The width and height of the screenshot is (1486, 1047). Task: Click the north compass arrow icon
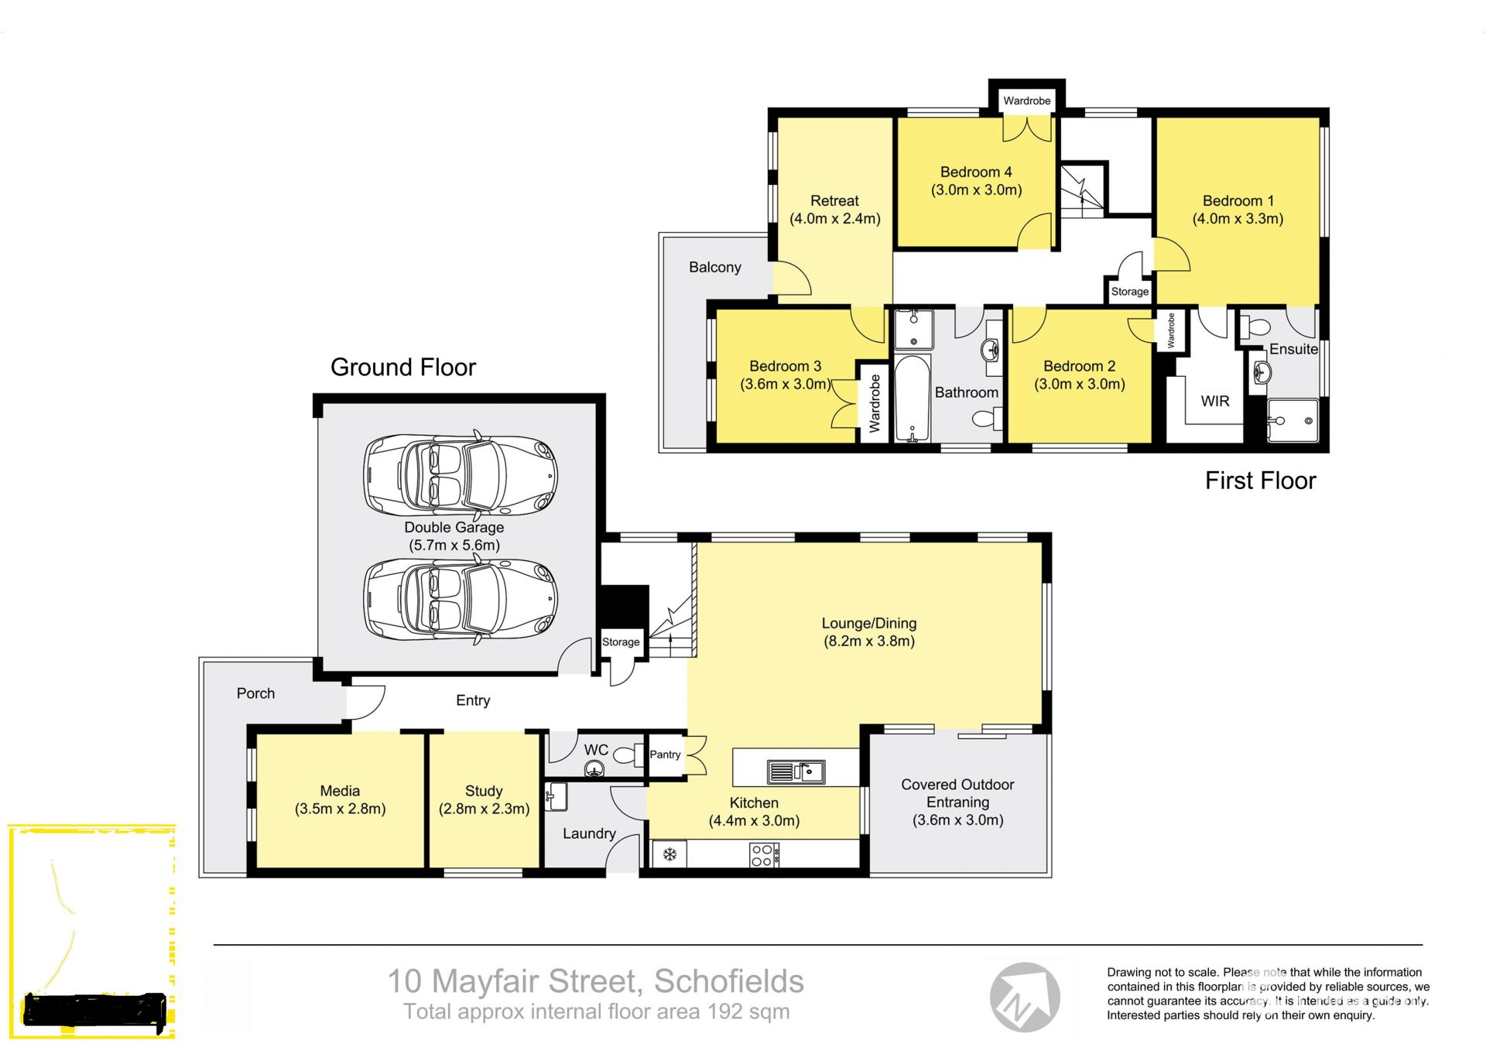point(1025,997)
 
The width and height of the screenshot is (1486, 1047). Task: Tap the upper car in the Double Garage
point(461,474)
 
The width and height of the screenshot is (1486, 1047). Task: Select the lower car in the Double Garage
point(461,600)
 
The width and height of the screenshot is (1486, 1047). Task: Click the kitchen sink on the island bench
point(796,772)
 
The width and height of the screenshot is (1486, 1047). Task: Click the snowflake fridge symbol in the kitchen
point(669,854)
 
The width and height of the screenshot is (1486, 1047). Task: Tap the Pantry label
point(665,754)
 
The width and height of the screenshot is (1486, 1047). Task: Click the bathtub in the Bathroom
point(913,399)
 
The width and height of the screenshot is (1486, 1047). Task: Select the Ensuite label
point(1293,349)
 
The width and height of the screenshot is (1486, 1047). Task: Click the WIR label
point(1215,401)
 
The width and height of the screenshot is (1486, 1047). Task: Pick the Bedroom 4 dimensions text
point(977,190)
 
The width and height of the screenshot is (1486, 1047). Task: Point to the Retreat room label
point(835,200)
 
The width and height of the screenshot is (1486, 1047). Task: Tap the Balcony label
point(715,267)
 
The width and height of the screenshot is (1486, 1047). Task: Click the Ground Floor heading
point(403,367)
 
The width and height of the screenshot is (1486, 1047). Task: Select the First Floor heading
point(1261,481)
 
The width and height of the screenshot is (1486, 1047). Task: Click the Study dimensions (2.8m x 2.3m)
point(484,809)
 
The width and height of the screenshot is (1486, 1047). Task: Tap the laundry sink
point(556,796)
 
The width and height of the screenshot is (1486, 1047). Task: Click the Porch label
point(256,693)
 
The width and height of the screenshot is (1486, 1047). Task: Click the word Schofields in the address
point(729,981)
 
